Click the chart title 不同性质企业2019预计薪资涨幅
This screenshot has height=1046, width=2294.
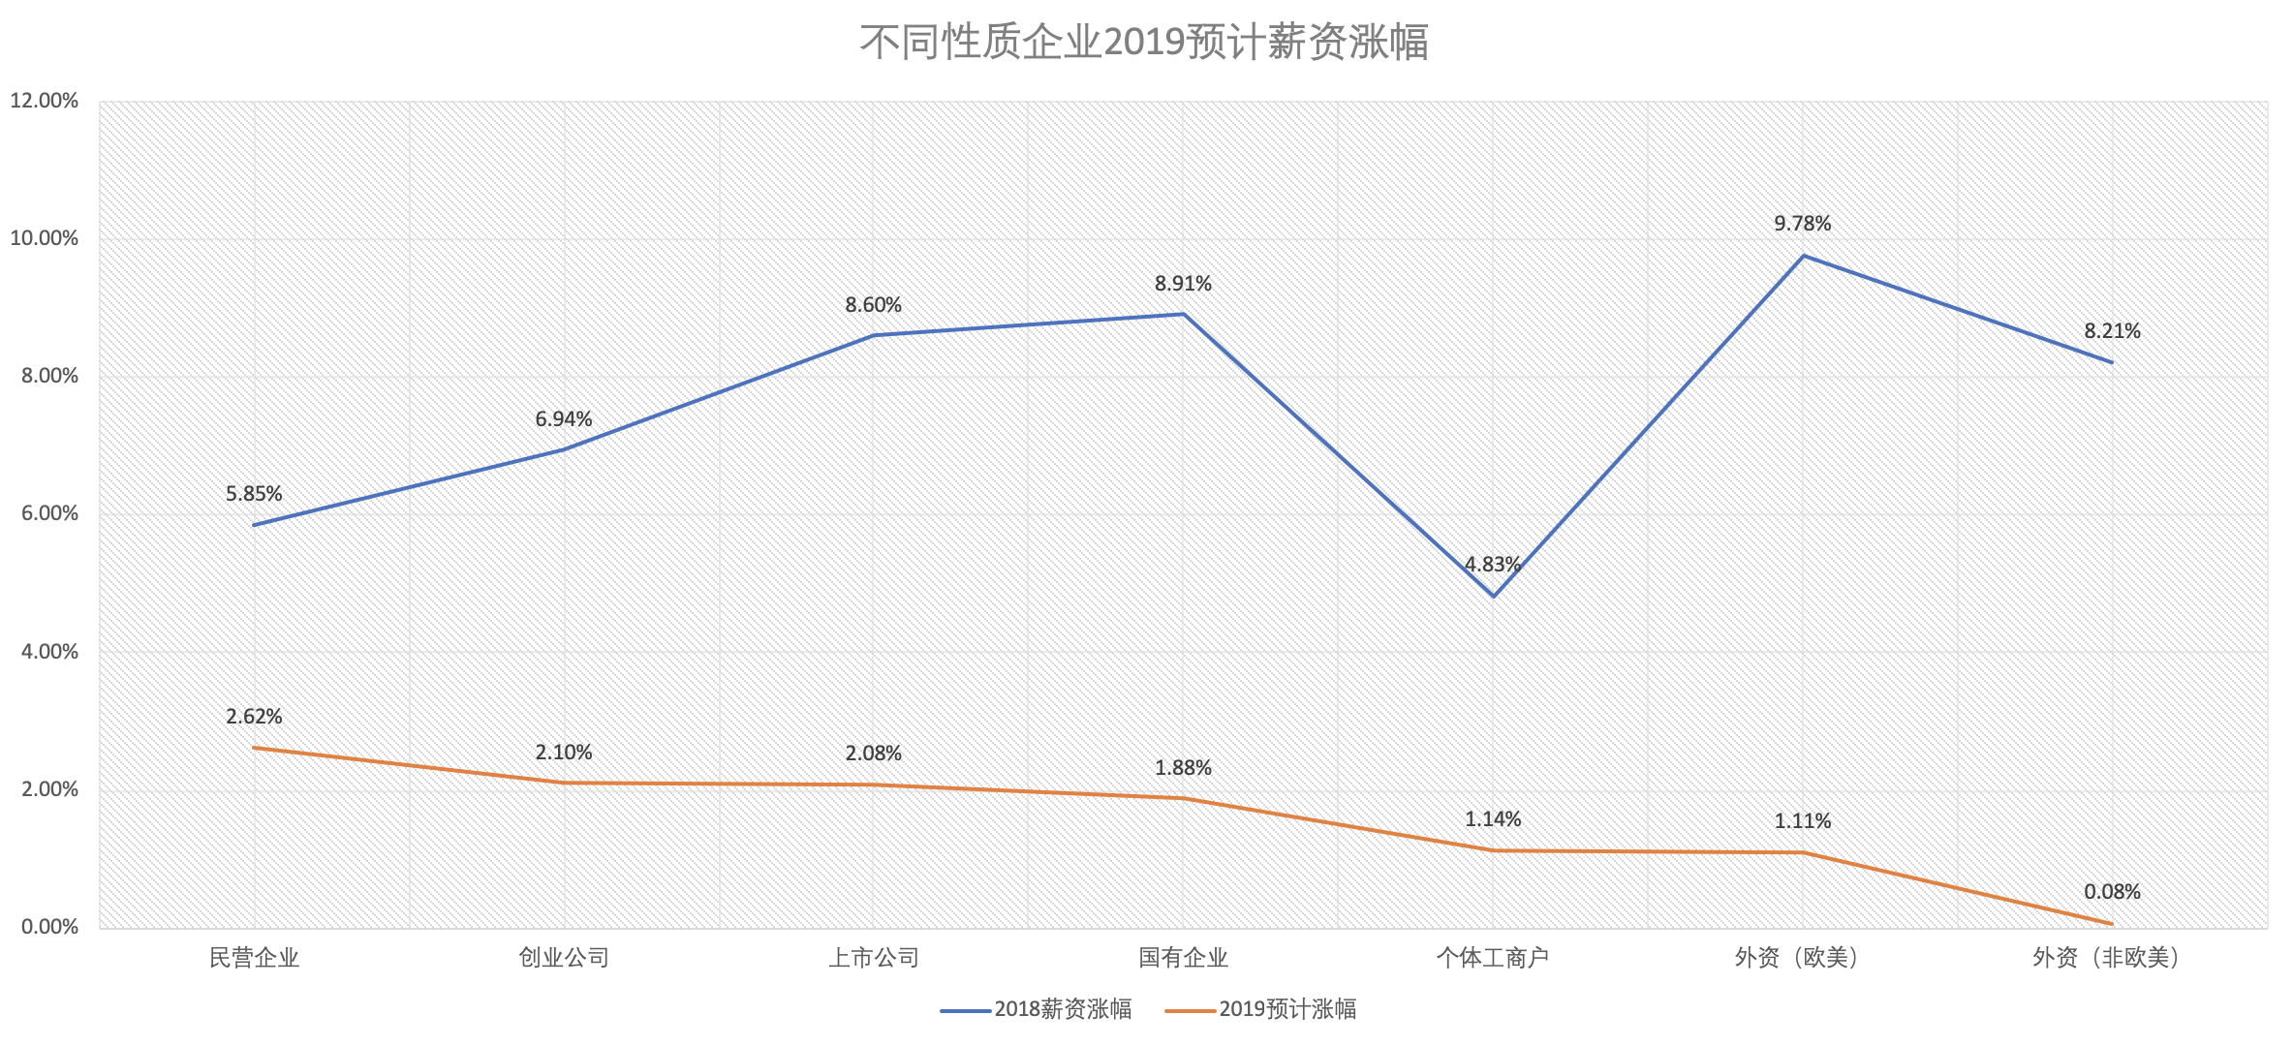(x=1144, y=43)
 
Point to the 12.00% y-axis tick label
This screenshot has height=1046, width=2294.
(x=45, y=101)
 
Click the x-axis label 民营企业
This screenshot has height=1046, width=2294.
(x=254, y=958)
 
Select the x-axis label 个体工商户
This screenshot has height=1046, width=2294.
(x=1492, y=958)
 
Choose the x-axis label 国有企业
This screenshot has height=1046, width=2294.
(x=1183, y=958)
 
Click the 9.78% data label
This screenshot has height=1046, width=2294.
(x=1802, y=224)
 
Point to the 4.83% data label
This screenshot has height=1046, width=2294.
(x=1492, y=565)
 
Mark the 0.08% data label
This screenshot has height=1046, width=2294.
(x=2112, y=892)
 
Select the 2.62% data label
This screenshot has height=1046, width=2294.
(x=254, y=717)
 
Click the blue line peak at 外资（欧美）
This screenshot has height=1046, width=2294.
(x=1803, y=256)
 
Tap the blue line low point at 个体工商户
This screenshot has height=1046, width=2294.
(x=1493, y=596)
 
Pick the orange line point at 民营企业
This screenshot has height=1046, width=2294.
(x=254, y=748)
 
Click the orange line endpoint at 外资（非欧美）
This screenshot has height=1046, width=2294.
(x=2112, y=924)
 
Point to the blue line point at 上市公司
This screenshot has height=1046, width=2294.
(x=874, y=335)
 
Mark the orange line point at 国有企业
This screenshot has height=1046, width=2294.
(x=1183, y=798)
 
